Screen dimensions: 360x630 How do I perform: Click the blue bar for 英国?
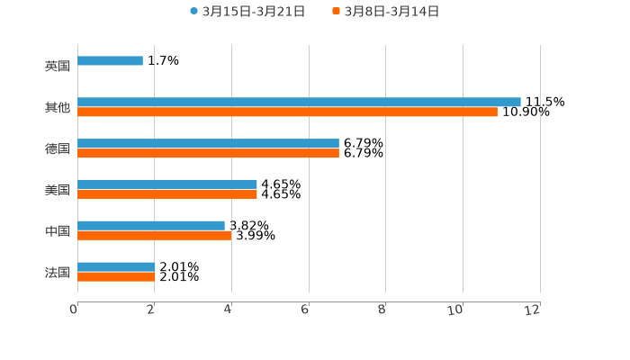[x=110, y=61]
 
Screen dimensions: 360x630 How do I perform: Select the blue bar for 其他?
[x=299, y=102]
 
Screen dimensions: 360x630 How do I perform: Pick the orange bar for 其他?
[x=287, y=112]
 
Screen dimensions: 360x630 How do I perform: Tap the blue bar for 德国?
[x=208, y=143]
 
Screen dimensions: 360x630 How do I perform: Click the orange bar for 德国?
[x=208, y=154]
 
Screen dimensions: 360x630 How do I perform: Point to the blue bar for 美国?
[x=167, y=184]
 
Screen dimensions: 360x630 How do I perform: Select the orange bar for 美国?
[x=167, y=194]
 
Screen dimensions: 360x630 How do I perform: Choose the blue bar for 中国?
[x=151, y=225]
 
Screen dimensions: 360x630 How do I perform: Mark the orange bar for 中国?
[x=154, y=236]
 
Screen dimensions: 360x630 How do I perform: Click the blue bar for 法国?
[x=116, y=266]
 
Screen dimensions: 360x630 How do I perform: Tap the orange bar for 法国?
[x=116, y=277]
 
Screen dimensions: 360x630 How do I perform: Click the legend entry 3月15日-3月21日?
[x=247, y=12]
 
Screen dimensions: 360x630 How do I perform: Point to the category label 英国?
[x=58, y=66]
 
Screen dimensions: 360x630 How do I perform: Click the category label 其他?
[x=58, y=107]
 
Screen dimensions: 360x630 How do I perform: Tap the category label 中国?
[x=58, y=230]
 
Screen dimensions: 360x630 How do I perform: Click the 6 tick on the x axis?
[x=306, y=310]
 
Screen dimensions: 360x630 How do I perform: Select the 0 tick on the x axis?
[x=75, y=310]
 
